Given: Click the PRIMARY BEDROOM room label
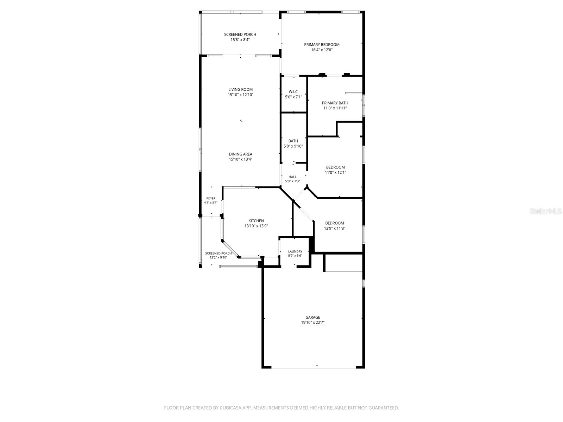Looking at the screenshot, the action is tap(322, 45).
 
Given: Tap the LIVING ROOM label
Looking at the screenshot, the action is tap(240, 89).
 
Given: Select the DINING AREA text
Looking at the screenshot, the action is tap(240, 154).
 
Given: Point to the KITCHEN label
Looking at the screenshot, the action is tap(256, 221).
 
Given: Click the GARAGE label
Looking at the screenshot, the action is tap(313, 317).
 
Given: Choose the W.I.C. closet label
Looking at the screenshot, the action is tap(293, 92).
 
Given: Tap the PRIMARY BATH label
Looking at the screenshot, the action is tap(335, 103).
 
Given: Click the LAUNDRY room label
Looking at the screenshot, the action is tap(295, 251).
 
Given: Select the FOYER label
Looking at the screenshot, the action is tap(210, 199).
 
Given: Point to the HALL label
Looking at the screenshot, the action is tap(292, 177).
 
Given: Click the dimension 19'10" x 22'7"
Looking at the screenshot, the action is tap(313, 322).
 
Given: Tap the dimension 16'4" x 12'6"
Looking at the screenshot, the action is tap(322, 50).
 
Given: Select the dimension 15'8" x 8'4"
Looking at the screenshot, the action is tap(240, 40).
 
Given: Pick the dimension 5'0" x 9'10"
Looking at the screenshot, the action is tap(293, 146).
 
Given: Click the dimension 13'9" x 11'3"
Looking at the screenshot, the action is tap(335, 228).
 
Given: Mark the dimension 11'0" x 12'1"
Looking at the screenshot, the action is tap(335, 172).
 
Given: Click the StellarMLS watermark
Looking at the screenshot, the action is tap(545, 211).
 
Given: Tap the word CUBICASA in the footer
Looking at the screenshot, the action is tap(230, 408).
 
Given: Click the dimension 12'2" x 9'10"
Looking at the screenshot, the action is tap(218, 257).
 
